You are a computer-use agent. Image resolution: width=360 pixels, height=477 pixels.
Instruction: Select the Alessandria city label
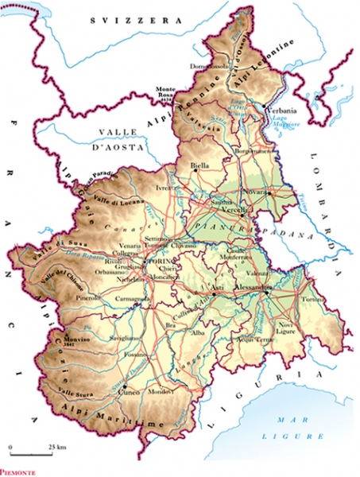point(270,289)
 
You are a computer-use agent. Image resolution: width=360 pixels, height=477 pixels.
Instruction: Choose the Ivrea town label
point(165,188)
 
